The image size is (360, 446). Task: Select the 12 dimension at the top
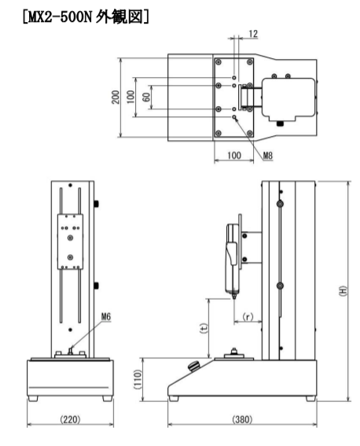pos(251,34)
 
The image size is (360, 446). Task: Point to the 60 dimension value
pos(145,98)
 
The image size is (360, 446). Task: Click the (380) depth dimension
pos(242,418)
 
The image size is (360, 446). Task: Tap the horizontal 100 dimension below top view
pos(233,155)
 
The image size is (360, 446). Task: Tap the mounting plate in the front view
pos(72,237)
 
